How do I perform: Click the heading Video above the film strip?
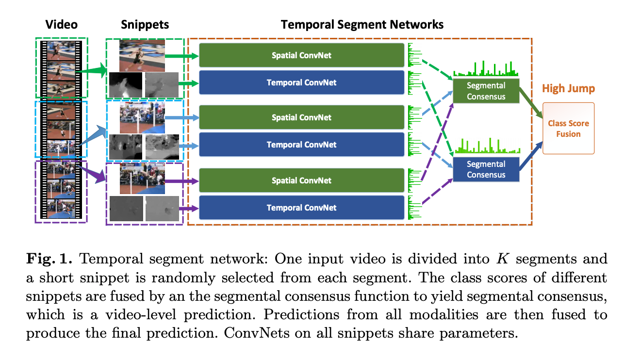62,24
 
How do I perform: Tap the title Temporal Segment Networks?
362,24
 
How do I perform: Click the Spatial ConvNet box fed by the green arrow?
301,55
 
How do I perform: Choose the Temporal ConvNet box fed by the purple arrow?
301,208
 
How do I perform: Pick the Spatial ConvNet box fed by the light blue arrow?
301,117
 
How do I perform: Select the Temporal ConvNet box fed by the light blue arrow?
301,145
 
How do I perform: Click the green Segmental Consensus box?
486,91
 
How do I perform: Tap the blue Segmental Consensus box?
486,169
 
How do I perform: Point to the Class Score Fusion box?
568,129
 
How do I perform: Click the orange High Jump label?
568,89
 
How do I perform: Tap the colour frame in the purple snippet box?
142,178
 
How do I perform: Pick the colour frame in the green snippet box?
142,55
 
